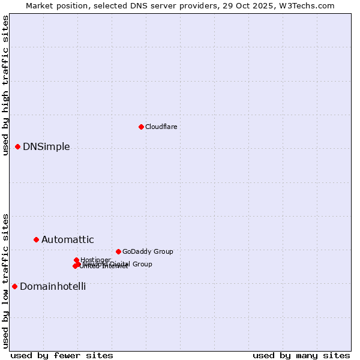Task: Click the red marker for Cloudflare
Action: [x=141, y=127]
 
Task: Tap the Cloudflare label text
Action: [x=161, y=127]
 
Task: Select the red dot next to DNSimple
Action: [x=17, y=146]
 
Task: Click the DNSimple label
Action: [x=46, y=147]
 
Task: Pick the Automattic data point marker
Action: [x=36, y=239]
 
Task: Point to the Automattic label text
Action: [x=67, y=240]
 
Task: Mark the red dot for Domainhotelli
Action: [x=14, y=286]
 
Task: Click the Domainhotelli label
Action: [x=53, y=287]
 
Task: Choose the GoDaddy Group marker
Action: [x=118, y=251]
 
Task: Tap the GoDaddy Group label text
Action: [x=148, y=251]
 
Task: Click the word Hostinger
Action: [x=95, y=260]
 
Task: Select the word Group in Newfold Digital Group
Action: [x=142, y=264]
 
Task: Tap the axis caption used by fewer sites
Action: [x=62, y=356]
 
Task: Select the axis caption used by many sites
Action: [x=301, y=356]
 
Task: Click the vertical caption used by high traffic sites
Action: [x=5, y=85]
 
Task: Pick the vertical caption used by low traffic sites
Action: [x=5, y=280]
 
